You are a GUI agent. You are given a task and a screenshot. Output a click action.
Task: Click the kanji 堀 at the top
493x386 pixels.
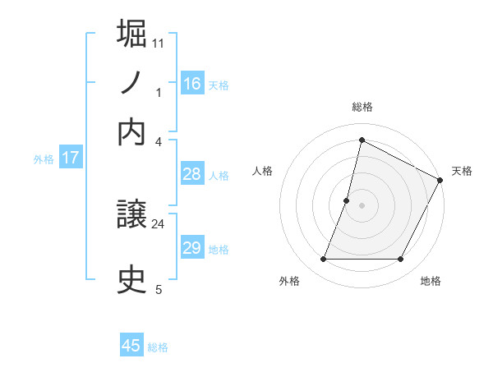(x=131, y=34)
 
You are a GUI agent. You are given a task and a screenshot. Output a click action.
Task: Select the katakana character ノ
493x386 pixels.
(x=131, y=83)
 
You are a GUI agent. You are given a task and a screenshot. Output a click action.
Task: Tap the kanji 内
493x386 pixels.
(x=131, y=132)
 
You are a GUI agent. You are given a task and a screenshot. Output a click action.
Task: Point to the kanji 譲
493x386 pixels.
(x=131, y=216)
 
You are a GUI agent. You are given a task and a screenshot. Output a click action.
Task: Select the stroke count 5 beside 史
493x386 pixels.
(x=159, y=289)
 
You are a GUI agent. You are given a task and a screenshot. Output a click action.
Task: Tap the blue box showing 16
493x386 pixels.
(x=191, y=84)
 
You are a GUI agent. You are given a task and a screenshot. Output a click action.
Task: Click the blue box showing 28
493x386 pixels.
(x=191, y=173)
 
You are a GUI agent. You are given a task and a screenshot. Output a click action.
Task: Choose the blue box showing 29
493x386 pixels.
(x=191, y=248)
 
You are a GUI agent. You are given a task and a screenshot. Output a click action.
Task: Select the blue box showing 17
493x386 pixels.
(x=70, y=158)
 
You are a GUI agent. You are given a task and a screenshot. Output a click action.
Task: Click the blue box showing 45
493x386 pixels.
(x=131, y=346)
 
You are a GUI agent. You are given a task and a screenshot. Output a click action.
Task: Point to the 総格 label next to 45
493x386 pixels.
(x=158, y=347)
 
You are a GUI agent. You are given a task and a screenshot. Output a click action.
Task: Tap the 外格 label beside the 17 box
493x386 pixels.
(x=44, y=159)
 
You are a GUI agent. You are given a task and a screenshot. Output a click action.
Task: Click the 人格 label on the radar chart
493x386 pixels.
(x=263, y=171)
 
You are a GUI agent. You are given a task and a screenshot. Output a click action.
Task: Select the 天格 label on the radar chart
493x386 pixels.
(x=462, y=171)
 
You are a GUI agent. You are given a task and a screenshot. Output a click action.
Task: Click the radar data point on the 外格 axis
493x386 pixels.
(x=323, y=260)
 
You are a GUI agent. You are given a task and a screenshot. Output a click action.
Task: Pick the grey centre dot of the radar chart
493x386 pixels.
(x=362, y=204)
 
